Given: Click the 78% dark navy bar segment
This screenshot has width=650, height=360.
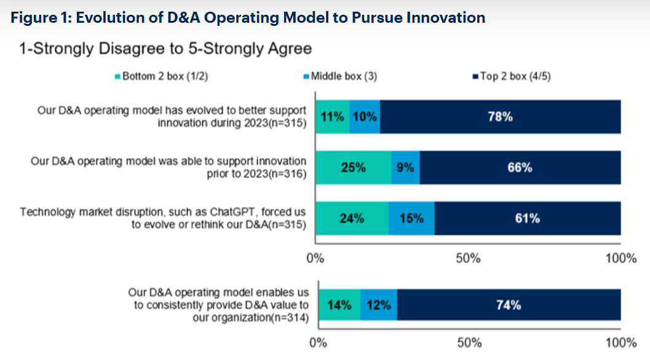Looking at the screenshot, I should click(500, 116).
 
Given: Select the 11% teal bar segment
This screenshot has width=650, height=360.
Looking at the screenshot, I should click(332, 116).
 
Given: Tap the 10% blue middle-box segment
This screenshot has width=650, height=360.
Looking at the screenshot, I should click(365, 116).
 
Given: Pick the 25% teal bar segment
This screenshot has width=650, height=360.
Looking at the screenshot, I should click(353, 167).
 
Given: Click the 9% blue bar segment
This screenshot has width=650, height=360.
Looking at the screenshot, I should click(405, 167).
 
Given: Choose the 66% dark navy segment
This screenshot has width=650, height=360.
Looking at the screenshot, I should click(520, 167).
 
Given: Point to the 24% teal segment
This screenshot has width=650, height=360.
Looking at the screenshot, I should click(352, 218).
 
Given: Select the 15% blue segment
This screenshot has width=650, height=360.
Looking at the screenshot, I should click(411, 218).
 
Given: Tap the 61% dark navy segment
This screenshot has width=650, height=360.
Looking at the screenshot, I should click(527, 218).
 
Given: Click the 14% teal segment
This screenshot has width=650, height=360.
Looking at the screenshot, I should click(339, 305).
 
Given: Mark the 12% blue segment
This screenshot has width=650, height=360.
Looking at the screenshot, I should click(379, 305).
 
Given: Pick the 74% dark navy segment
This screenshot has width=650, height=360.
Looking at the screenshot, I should click(509, 305).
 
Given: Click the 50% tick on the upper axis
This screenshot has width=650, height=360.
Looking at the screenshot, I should click(468, 258).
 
